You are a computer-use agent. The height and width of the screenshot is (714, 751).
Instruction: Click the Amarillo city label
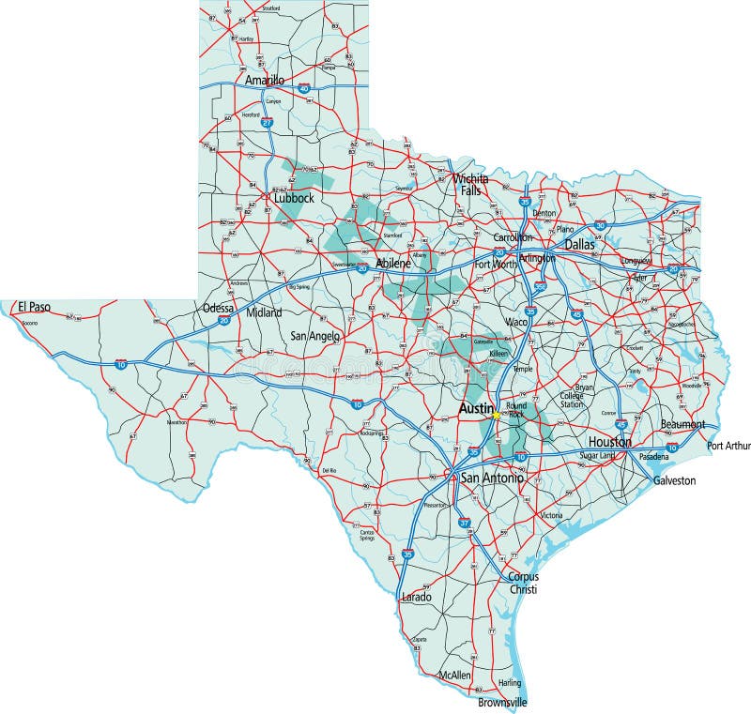(264, 81)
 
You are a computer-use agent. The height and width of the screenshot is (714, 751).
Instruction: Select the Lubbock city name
(293, 198)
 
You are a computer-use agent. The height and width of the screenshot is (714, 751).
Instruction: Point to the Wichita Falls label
(470, 184)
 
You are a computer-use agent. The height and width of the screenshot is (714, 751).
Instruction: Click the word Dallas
(580, 244)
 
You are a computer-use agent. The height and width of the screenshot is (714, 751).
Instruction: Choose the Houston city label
(609, 441)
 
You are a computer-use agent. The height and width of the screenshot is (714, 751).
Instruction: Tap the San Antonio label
(490, 479)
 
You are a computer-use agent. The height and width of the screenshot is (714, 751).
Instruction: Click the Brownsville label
(503, 702)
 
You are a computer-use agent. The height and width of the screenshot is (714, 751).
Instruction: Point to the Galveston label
(675, 480)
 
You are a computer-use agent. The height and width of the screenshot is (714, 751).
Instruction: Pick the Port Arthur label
(729, 446)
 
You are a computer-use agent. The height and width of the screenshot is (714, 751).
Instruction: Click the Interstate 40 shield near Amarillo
(304, 87)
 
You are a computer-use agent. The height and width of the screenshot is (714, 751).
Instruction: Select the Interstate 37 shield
(463, 524)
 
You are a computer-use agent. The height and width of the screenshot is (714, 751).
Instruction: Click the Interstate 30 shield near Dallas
(600, 226)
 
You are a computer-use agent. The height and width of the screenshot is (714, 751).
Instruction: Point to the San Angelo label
(314, 335)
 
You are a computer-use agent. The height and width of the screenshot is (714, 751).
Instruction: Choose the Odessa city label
(219, 308)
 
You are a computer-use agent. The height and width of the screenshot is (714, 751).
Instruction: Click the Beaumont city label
(682, 425)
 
